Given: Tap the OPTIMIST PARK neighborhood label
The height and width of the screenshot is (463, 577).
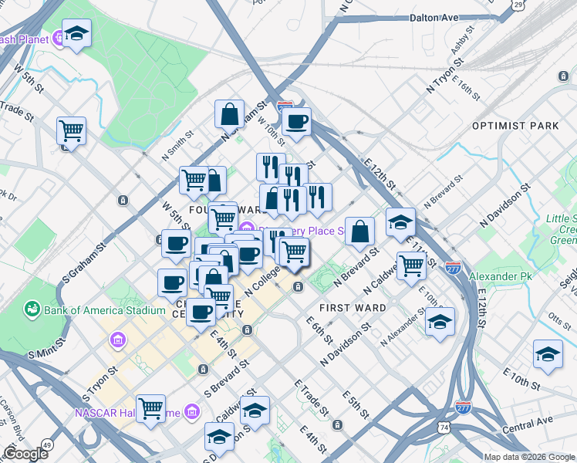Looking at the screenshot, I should point(515,125).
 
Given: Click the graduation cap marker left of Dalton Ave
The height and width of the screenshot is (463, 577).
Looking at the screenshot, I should point(76,35).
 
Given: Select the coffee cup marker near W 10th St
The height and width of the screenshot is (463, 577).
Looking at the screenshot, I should point(296,121).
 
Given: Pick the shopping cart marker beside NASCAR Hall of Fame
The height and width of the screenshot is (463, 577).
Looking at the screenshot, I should point(150,407).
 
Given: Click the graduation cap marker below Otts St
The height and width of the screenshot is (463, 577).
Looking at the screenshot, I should point(548,354).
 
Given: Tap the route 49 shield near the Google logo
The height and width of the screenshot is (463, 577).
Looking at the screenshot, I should point(49,444).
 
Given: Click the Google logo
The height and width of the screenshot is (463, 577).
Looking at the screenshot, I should point(25,454).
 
